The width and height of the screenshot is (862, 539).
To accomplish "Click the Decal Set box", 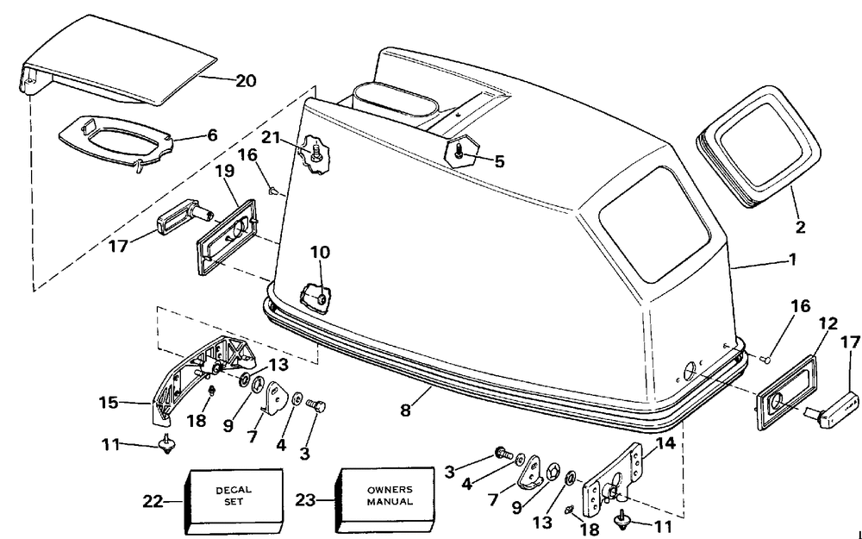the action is (x=233, y=501).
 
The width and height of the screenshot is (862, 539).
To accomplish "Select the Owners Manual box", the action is (x=384, y=501).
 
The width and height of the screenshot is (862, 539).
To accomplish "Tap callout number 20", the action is (x=246, y=81).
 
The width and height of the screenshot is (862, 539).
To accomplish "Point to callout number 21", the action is (x=270, y=137).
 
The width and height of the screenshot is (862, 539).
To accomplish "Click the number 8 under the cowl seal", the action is (x=405, y=411).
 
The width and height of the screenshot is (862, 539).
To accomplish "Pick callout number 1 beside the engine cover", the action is (x=792, y=259).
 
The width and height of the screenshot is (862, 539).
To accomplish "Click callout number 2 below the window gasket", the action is (x=801, y=226).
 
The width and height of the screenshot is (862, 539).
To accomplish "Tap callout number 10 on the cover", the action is (x=320, y=253).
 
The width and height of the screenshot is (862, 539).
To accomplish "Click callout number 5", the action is (x=498, y=161).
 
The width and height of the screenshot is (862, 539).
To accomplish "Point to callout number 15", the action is (x=109, y=403).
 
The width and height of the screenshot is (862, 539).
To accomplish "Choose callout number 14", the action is (x=665, y=442).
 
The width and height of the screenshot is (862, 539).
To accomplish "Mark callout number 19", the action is (x=224, y=171).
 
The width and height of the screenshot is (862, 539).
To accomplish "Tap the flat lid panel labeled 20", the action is (x=118, y=60).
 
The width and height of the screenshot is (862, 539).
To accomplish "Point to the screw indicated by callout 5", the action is (x=459, y=155).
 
